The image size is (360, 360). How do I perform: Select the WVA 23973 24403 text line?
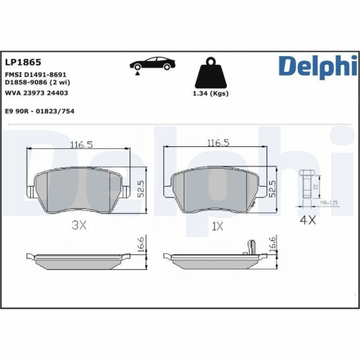point(36,92)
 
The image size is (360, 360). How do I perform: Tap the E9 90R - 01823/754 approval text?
point(40,111)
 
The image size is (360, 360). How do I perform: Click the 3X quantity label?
point(79,225)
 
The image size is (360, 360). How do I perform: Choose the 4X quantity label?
point(307,220)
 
